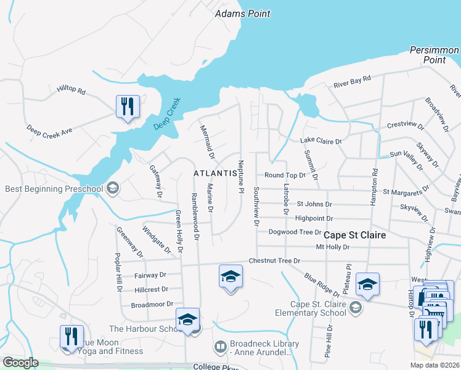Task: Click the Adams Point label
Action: click(x=242, y=14)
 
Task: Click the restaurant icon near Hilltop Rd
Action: click(x=128, y=107)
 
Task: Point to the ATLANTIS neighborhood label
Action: click(x=215, y=174)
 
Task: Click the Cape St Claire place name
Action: click(x=354, y=235)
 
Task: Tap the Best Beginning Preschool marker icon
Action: click(x=112, y=188)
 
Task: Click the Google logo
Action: click(x=21, y=363)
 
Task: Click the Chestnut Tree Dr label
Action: click(x=274, y=261)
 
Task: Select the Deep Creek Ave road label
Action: click(x=49, y=130)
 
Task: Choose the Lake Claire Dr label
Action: click(x=320, y=141)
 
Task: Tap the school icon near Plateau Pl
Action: click(x=367, y=284)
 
